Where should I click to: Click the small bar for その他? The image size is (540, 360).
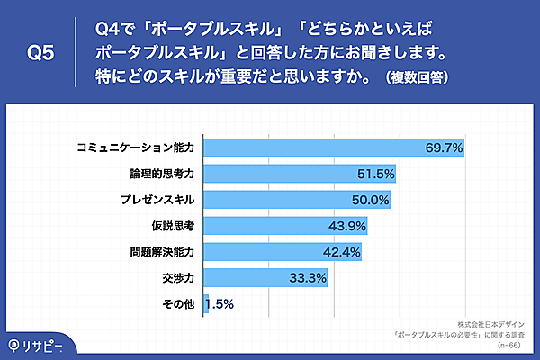(206, 304)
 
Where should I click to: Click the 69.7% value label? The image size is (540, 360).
(444, 147)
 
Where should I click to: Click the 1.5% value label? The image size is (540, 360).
(220, 304)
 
